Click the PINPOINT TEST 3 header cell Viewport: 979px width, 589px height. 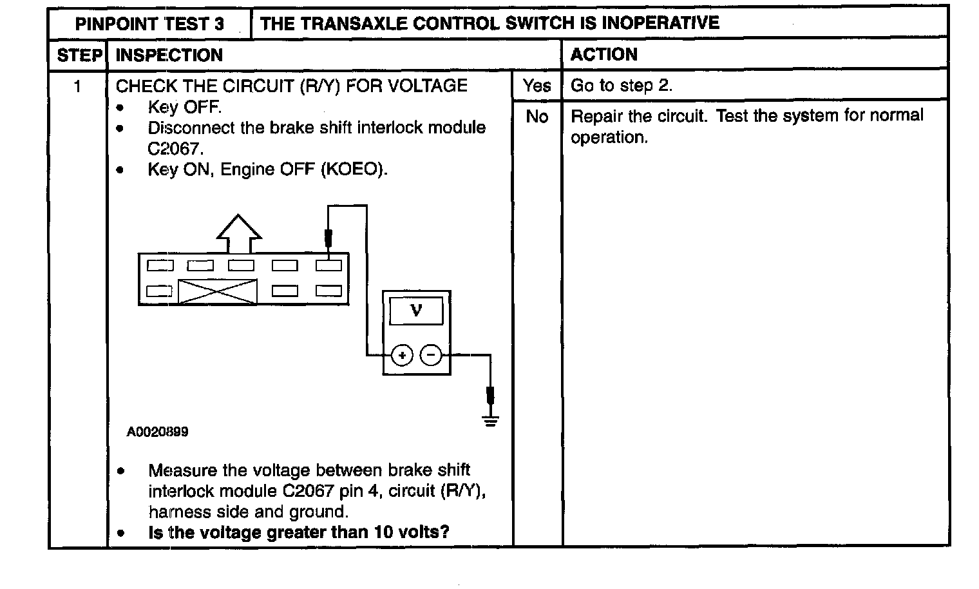[x=149, y=24]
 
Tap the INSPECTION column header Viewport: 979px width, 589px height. [x=169, y=55]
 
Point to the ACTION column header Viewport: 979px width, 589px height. [x=604, y=55]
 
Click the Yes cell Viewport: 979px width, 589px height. [x=537, y=86]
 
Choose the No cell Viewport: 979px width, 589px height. [x=537, y=117]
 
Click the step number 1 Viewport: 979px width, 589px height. [x=78, y=86]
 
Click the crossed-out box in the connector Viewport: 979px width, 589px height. [x=217, y=291]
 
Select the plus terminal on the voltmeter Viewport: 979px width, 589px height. [x=402, y=354]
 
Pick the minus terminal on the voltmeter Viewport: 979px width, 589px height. [x=431, y=354]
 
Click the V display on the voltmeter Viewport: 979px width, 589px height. [x=416, y=311]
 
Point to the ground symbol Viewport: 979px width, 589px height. [x=491, y=422]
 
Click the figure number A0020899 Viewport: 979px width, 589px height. [x=158, y=432]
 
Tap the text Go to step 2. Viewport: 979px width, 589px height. [x=622, y=86]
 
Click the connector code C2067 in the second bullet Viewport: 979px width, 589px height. [x=174, y=149]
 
